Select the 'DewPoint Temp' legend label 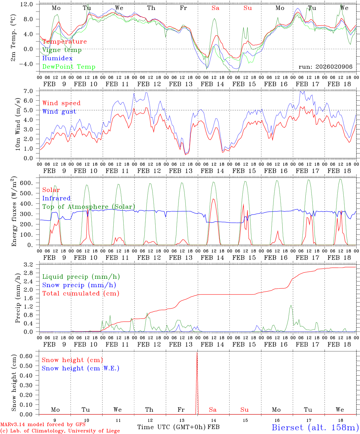coord(69,67)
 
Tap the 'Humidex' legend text coord(57,58)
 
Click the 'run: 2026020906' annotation coord(325,67)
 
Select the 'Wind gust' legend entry coord(59,112)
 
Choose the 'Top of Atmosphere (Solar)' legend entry coord(89,207)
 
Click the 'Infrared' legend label coord(56,198)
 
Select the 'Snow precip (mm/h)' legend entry coord(79,285)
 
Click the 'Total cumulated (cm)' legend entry coord(81,294)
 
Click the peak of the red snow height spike coord(197,353)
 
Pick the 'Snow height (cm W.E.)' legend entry coord(80,368)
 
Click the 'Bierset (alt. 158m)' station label coord(315,427)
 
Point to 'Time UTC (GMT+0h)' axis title coord(171,427)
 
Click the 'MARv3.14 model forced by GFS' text coord(43,424)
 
